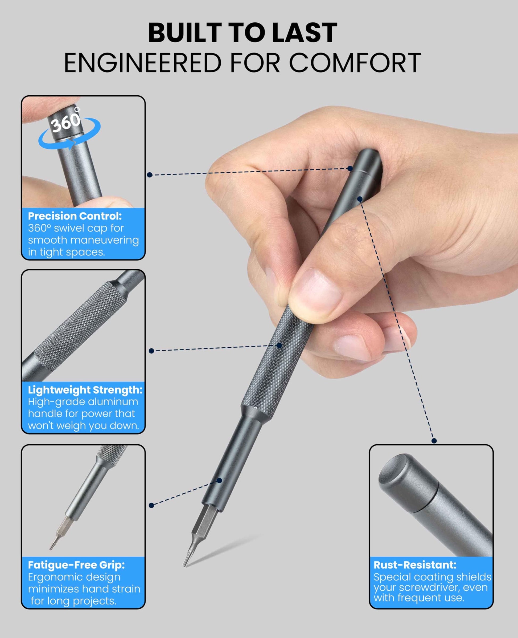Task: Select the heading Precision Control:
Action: pos(75,216)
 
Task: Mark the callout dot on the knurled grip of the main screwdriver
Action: pos(279,346)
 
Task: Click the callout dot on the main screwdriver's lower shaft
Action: pos(219,480)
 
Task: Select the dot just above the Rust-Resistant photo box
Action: pos(434,441)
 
